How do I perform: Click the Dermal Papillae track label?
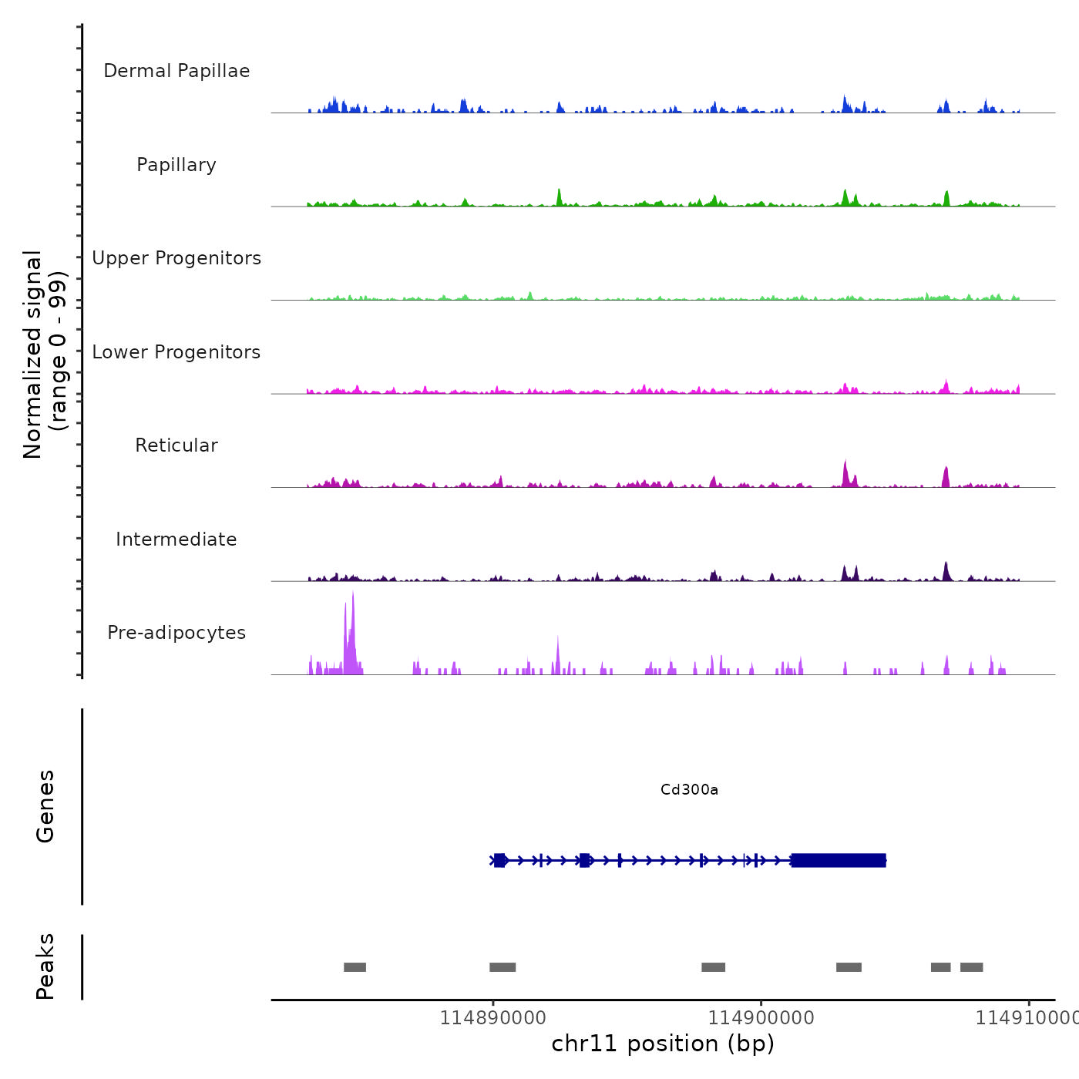(176, 71)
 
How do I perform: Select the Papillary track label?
(176, 165)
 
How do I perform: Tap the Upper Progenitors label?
(176, 258)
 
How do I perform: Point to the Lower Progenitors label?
(176, 352)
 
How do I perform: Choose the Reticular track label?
(176, 445)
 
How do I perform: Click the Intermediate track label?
(176, 539)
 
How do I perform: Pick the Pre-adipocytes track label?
(176, 633)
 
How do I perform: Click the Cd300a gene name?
(689, 789)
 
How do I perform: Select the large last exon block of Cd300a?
(839, 860)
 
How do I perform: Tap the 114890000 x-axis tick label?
(492, 1018)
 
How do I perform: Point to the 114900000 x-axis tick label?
(761, 1018)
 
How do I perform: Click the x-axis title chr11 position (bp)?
(663, 1044)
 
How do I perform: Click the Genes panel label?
(45, 806)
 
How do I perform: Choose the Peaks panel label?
(45, 966)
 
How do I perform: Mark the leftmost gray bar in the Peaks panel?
(355, 967)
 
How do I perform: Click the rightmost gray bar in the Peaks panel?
(971, 967)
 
